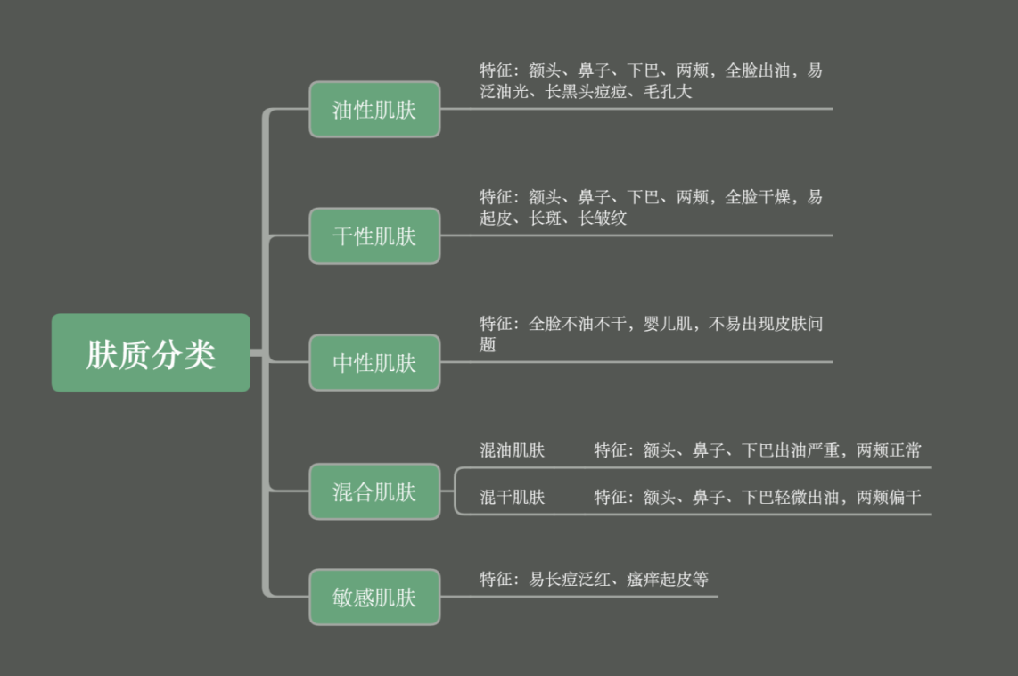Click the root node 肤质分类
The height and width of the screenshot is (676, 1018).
click(x=151, y=353)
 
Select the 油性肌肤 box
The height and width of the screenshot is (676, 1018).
click(x=374, y=110)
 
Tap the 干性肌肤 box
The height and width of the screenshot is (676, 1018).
click(x=374, y=236)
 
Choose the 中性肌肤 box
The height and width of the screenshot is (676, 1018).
click(x=374, y=363)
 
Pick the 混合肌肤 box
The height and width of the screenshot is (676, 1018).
click(x=374, y=491)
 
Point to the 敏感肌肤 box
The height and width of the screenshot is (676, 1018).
click(x=374, y=597)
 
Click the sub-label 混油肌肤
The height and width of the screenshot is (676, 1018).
click(x=513, y=450)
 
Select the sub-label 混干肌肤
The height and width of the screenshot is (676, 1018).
click(x=513, y=497)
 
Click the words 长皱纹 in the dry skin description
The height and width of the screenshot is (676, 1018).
click(x=603, y=218)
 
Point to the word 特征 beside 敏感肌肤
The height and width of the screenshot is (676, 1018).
click(x=496, y=580)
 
